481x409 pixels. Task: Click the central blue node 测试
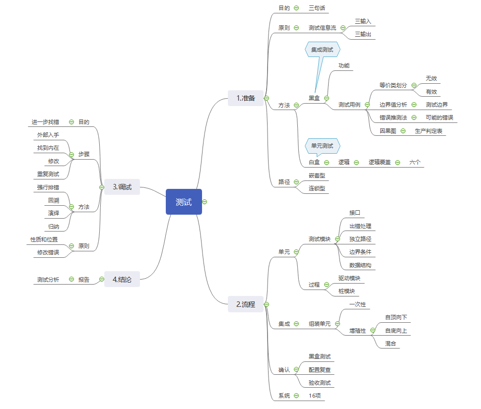(x=184, y=202)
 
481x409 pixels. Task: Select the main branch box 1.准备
(x=245, y=98)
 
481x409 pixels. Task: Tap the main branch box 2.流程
(x=245, y=304)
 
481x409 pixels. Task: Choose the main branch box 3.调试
(x=122, y=187)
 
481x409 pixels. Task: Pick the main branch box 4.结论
(x=122, y=279)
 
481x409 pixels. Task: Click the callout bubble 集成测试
(x=322, y=50)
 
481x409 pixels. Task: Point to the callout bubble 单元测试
(x=322, y=146)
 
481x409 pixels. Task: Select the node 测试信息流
(x=322, y=28)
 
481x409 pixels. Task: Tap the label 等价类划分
(x=393, y=85)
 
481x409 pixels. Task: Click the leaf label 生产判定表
(x=428, y=131)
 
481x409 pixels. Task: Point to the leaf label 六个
(x=415, y=162)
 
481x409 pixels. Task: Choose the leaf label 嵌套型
(x=317, y=175)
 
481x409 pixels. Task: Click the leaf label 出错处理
(x=360, y=226)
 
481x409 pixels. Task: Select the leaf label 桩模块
(x=346, y=291)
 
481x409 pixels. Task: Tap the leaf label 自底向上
(x=396, y=330)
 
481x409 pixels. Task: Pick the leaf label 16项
(x=316, y=395)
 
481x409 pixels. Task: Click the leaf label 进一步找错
(x=45, y=121)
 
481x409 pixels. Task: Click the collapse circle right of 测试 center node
(x=205, y=202)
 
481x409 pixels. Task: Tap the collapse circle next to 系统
(x=296, y=395)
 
